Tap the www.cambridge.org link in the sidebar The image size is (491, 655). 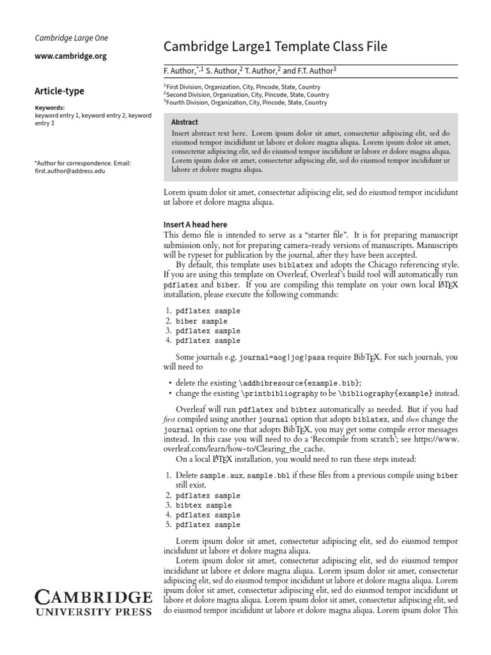tap(70, 56)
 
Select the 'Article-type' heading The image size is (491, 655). tap(59, 91)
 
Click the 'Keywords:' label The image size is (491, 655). tap(50, 108)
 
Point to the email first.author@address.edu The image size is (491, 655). tap(70, 171)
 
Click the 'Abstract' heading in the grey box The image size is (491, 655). tap(185, 122)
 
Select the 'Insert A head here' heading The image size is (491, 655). tap(195, 225)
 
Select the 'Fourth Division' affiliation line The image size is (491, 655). tap(245, 102)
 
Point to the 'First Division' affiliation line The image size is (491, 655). tap(242, 87)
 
